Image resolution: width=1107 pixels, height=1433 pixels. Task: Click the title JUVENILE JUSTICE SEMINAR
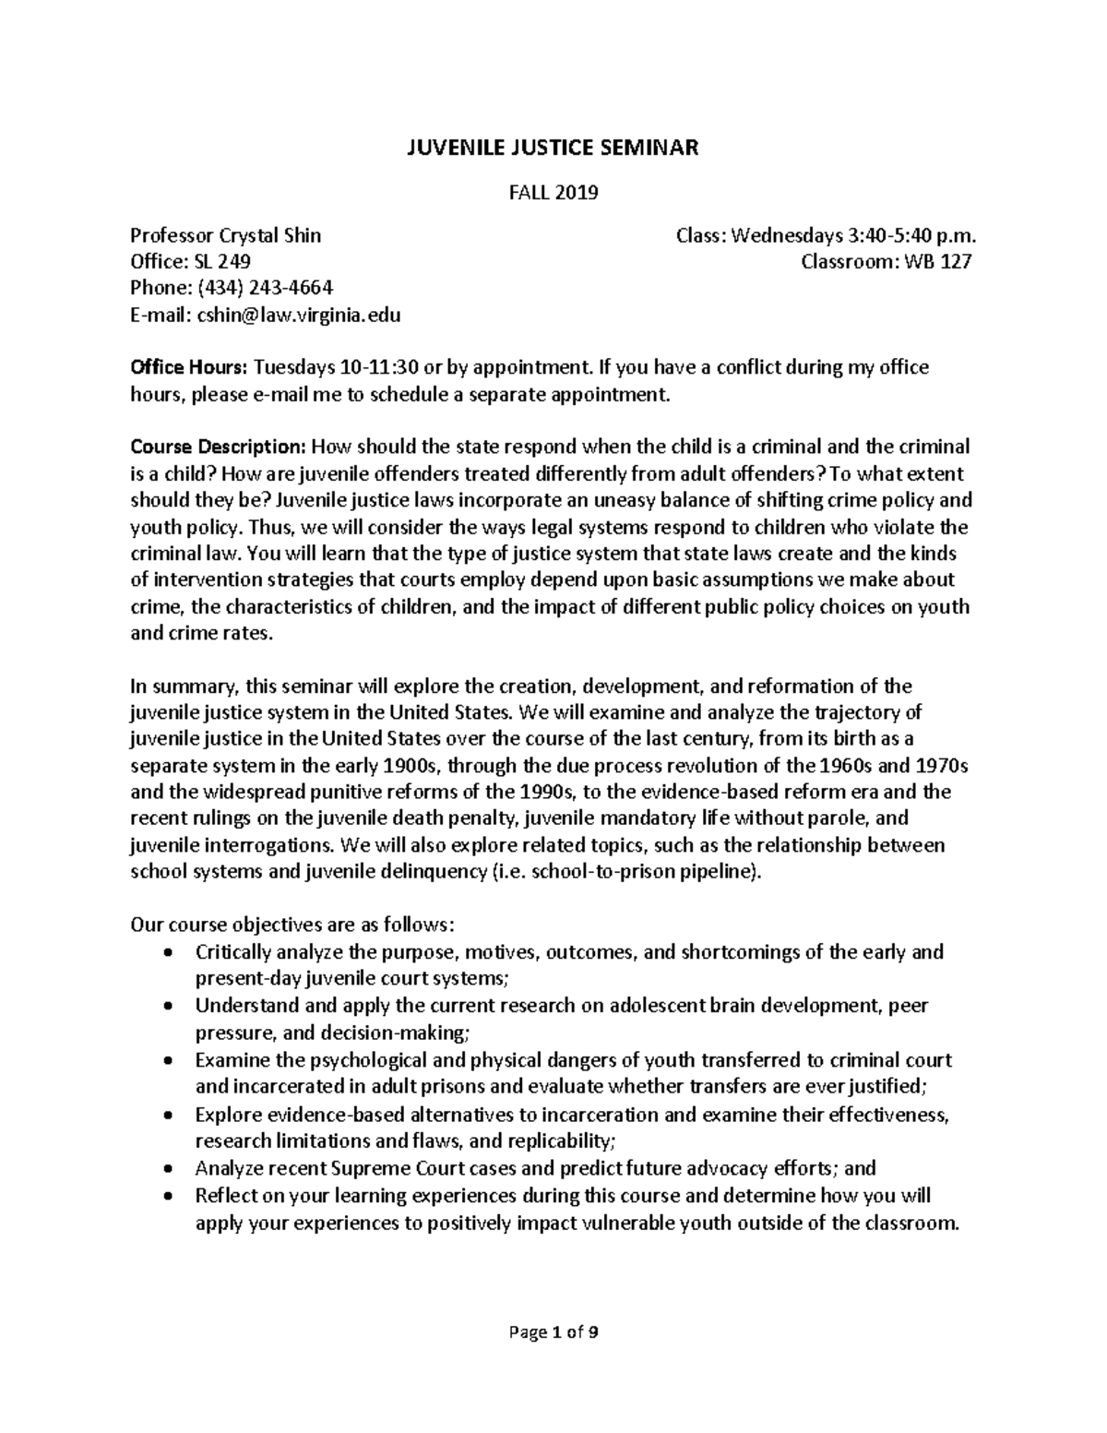[553, 147]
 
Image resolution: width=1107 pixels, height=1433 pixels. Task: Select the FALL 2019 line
[553, 193]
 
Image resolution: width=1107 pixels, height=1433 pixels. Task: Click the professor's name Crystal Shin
[269, 235]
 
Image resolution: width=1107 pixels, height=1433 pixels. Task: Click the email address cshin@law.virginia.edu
[296, 315]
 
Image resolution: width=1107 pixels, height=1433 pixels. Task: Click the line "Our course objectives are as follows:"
[293, 925]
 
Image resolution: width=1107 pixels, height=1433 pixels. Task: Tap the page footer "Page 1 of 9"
[553, 1331]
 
